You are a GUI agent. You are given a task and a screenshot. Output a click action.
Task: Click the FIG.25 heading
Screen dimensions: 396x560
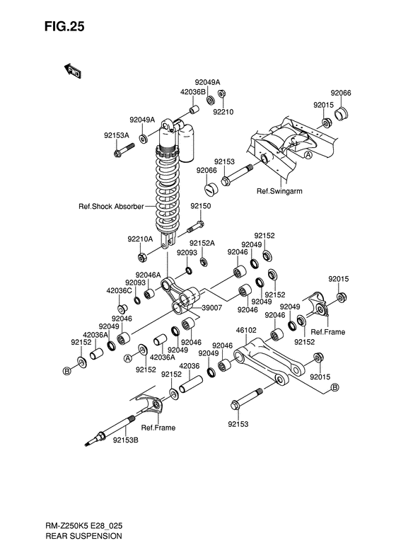click(x=64, y=26)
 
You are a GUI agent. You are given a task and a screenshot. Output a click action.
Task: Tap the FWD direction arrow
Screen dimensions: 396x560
click(x=72, y=71)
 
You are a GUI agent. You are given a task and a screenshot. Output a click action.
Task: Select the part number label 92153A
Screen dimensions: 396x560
click(x=116, y=135)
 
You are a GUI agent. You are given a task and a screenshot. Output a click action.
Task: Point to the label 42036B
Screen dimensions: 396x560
click(x=193, y=92)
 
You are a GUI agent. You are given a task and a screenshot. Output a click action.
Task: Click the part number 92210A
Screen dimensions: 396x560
click(x=140, y=239)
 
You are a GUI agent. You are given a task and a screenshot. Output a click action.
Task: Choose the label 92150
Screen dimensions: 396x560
click(x=201, y=206)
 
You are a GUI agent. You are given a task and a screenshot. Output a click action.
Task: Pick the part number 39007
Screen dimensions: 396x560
click(x=212, y=307)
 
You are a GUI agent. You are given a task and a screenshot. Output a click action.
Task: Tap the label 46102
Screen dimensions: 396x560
click(x=246, y=331)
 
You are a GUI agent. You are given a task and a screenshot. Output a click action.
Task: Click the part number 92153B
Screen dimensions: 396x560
click(x=126, y=440)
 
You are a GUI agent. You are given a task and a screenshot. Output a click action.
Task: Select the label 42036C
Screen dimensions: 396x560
click(x=120, y=291)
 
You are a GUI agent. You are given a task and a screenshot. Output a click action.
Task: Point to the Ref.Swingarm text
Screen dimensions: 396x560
click(x=279, y=191)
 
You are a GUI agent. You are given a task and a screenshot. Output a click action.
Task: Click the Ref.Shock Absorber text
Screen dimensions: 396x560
click(x=111, y=207)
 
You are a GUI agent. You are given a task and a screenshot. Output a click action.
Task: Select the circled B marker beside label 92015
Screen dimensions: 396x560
click(x=334, y=387)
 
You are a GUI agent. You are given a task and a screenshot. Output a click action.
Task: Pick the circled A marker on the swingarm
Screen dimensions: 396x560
click(x=308, y=155)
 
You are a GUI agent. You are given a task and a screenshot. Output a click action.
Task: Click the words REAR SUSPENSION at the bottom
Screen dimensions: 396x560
click(x=84, y=536)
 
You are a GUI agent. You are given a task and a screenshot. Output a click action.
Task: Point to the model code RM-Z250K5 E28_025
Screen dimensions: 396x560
click(x=84, y=526)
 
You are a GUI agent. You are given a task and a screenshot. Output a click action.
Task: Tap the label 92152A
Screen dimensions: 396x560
click(x=202, y=244)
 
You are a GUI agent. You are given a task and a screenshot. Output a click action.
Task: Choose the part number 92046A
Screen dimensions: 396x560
click(x=148, y=275)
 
